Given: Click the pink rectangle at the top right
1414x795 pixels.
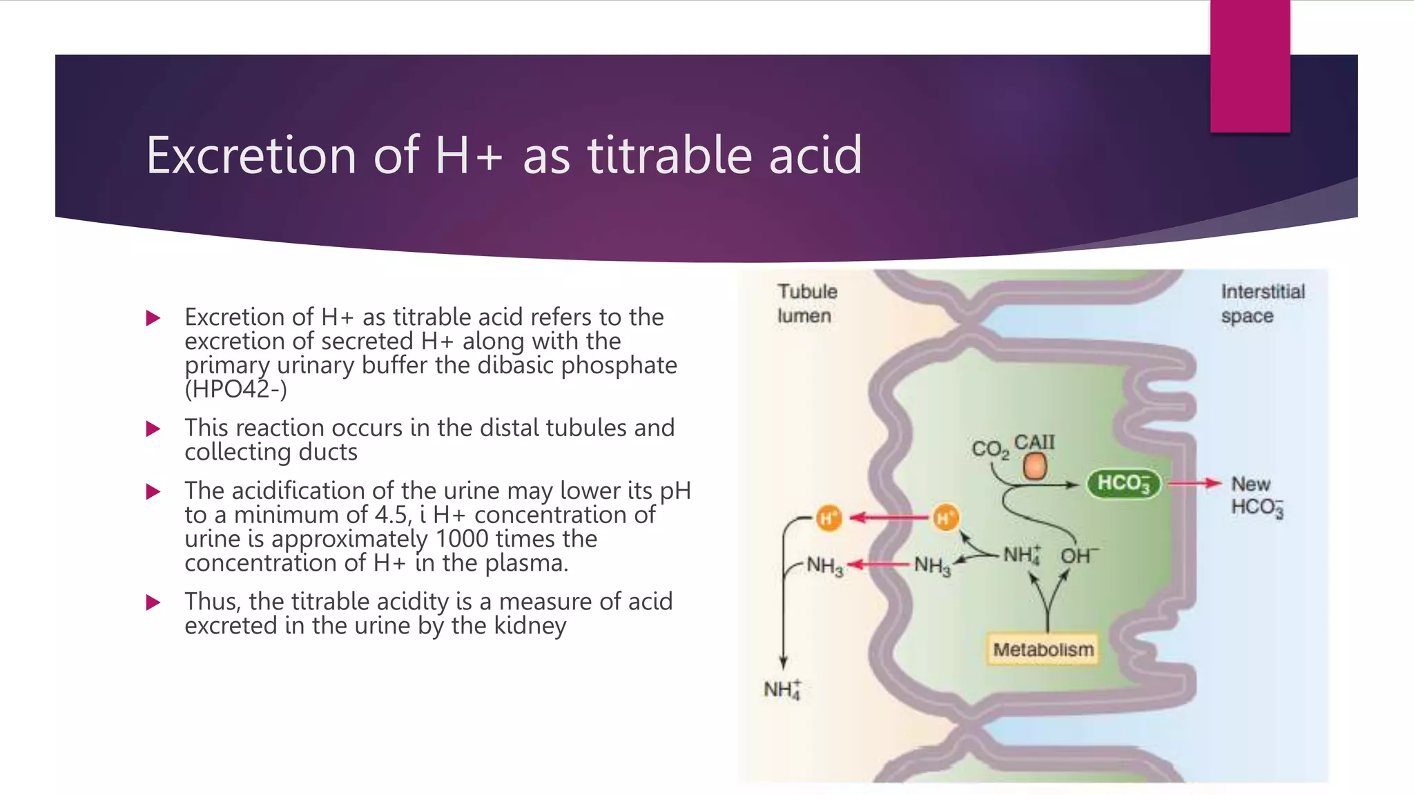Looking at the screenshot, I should point(1250,66).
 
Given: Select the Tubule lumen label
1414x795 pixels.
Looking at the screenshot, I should point(806,304).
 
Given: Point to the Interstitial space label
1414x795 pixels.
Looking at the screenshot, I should point(1262,304).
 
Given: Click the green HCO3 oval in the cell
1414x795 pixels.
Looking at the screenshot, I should point(1123,483).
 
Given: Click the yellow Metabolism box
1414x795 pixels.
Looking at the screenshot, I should point(1043,649).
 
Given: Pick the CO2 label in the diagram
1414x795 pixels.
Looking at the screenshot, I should point(990,449).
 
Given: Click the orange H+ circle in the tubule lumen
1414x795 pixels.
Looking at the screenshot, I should point(828,518).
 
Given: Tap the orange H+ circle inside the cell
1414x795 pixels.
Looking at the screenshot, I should point(945,518).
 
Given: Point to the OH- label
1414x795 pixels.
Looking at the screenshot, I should point(1078,556).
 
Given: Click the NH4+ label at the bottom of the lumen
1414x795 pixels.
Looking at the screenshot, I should point(782,689).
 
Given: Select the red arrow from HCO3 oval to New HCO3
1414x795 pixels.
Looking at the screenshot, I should point(1194,483).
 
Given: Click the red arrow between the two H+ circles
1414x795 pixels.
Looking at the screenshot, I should point(887,518).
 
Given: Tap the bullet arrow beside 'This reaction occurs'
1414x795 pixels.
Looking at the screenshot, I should point(153,429).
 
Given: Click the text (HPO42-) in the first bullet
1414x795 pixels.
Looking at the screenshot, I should point(235,390).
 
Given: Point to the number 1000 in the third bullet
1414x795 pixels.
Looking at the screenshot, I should point(461,539).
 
